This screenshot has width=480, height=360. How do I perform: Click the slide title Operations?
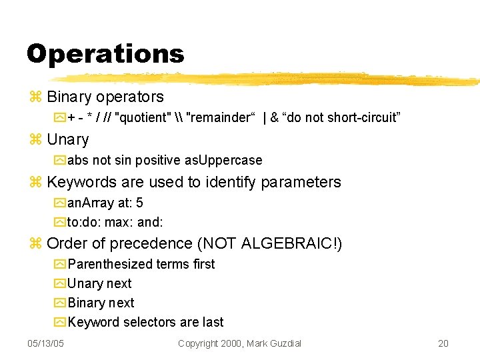click(x=105, y=53)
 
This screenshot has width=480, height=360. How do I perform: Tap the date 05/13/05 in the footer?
click(x=45, y=343)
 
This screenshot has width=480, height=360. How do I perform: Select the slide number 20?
click(x=443, y=343)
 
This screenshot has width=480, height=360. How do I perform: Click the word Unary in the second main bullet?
click(x=67, y=139)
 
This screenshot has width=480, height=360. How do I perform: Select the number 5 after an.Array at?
click(x=139, y=203)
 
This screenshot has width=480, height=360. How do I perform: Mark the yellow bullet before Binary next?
click(x=60, y=303)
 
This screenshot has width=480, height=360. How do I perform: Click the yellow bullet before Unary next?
click(x=60, y=284)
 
